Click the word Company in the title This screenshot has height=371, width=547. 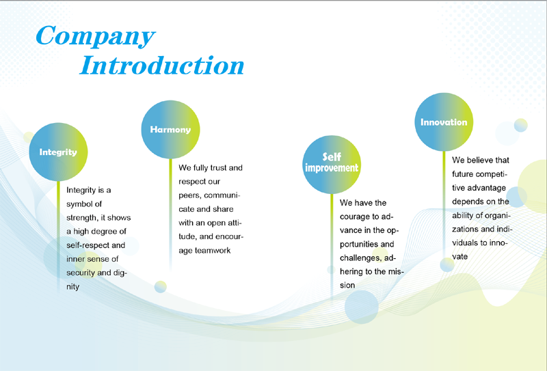pyautogui.click(x=95, y=36)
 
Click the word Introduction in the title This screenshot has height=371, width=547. pyautogui.click(x=162, y=65)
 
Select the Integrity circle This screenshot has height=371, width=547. pyautogui.click(x=58, y=152)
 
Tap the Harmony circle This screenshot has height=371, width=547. pyautogui.click(x=170, y=130)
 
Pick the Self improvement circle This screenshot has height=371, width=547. pyautogui.click(x=332, y=165)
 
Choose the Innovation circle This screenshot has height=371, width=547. pyautogui.click(x=444, y=122)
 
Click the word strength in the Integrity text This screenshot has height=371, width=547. pyautogui.click(x=82, y=218)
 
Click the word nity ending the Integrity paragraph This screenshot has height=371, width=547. pyautogui.click(x=73, y=286)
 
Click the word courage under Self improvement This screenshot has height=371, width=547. pyautogui.click(x=355, y=217)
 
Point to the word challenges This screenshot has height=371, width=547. pyautogui.click(x=360, y=258)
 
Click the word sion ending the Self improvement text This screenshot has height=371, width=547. pyautogui.click(x=347, y=285)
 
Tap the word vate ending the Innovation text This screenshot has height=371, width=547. pyautogui.click(x=459, y=257)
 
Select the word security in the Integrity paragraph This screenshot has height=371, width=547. pyautogui.click(x=81, y=273)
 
